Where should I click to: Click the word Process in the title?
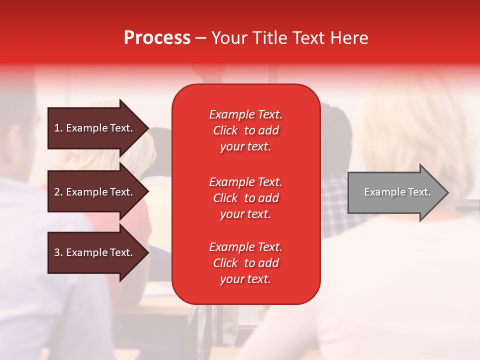coord(157,38)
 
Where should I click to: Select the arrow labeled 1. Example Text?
coord(95,128)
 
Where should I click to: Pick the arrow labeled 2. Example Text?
coord(95,192)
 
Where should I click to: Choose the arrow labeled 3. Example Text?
coord(95,252)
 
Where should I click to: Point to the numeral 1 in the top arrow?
coord(57,128)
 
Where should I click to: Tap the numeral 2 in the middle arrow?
coord(57,192)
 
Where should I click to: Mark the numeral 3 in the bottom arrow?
coord(57,252)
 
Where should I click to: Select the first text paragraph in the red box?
coord(245,130)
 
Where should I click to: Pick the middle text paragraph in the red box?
coord(245,198)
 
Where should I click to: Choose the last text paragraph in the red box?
coord(245,263)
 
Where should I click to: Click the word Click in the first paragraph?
coord(225,130)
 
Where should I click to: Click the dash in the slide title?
coord(200,38)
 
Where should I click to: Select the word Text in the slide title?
coord(306,38)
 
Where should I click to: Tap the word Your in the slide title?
coord(229,38)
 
